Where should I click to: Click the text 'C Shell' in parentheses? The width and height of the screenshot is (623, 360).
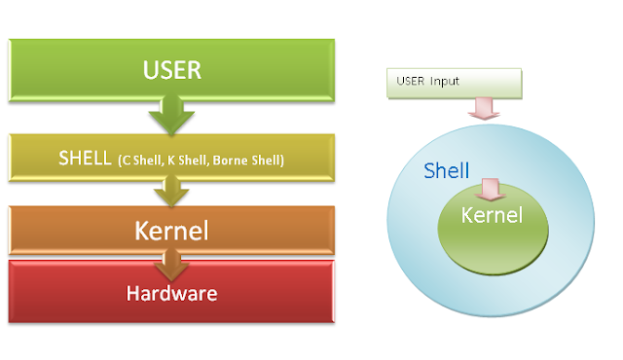(142, 160)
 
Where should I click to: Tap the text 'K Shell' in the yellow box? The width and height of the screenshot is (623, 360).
(194, 160)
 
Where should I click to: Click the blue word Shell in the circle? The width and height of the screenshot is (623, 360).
(446, 170)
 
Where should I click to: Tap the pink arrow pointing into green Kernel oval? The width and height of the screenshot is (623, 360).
(492, 186)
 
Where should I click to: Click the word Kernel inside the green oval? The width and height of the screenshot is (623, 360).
(492, 213)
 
